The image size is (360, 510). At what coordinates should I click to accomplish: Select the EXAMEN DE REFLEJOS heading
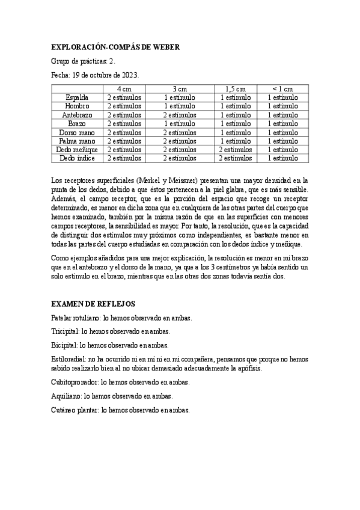click(x=94, y=304)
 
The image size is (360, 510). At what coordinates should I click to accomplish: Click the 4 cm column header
click(x=124, y=88)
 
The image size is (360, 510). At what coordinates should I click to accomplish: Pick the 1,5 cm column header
click(x=235, y=88)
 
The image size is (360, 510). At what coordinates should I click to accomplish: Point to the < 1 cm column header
click(x=282, y=88)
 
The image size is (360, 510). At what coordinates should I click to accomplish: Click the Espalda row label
click(x=76, y=97)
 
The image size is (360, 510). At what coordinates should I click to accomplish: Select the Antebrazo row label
click(x=76, y=114)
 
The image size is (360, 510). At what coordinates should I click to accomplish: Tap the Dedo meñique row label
click(x=76, y=149)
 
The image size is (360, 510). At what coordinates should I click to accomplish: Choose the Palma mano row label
click(x=76, y=141)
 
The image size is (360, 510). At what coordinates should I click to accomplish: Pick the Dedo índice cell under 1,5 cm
click(x=235, y=158)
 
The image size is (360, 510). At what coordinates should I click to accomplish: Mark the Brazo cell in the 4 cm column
click(x=124, y=123)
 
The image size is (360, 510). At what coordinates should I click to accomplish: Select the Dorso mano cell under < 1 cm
click(x=282, y=132)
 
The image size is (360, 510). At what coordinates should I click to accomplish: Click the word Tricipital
click(x=65, y=331)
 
